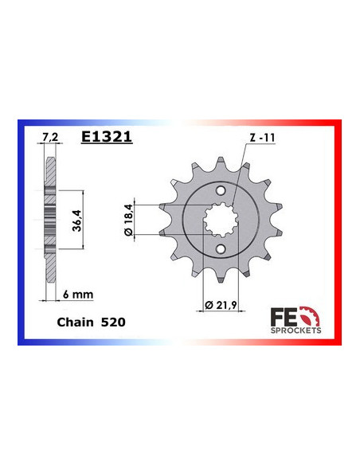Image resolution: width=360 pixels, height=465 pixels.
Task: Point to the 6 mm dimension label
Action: [78, 294]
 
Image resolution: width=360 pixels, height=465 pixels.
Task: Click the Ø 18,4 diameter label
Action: [129, 217]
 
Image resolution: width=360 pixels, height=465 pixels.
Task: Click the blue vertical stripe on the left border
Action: [22, 231]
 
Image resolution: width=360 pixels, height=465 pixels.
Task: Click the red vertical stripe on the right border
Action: [338, 231]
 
